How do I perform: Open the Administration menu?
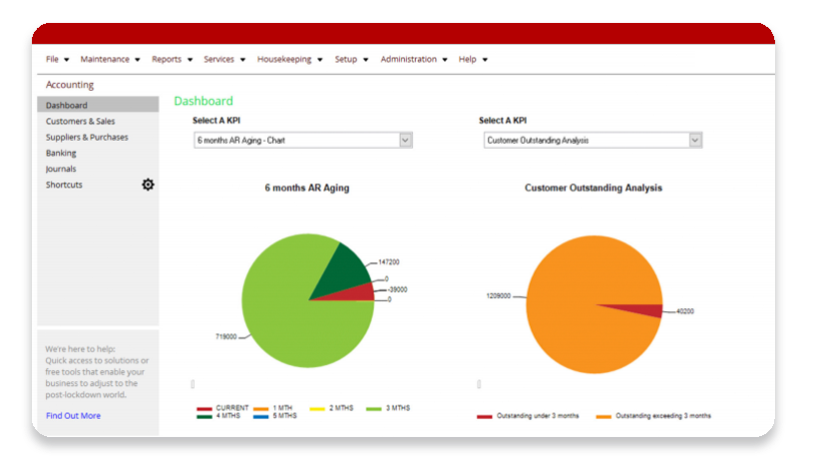(x=413, y=59)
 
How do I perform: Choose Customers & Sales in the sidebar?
(x=80, y=121)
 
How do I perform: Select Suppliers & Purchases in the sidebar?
(x=87, y=137)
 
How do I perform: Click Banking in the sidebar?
(x=61, y=153)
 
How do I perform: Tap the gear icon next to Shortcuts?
(x=148, y=185)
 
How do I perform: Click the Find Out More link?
(x=73, y=415)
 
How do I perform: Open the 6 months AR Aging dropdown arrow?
(x=405, y=141)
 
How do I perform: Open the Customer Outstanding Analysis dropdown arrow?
(x=694, y=141)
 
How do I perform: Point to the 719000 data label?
(x=225, y=337)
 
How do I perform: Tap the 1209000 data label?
(x=500, y=296)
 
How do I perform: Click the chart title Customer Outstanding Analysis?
(x=593, y=188)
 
